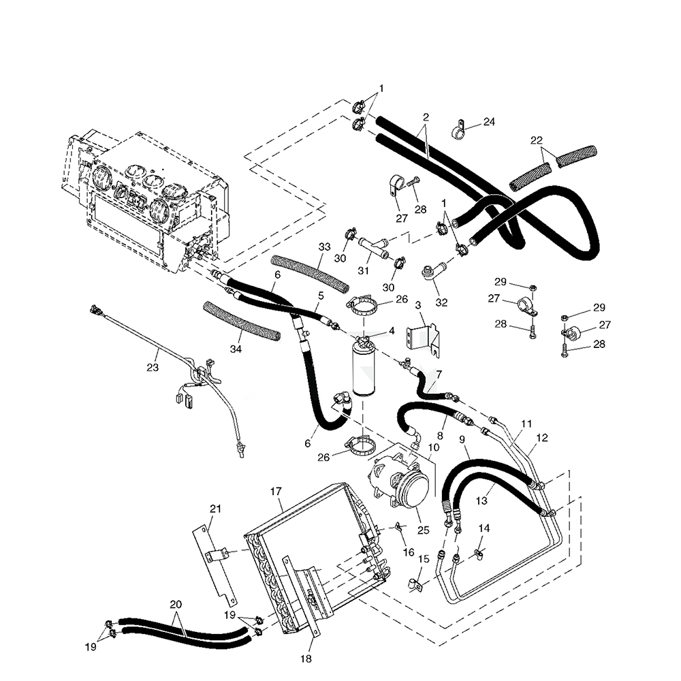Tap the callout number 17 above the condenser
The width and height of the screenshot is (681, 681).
[x=276, y=491]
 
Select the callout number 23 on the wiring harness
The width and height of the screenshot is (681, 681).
[x=153, y=367]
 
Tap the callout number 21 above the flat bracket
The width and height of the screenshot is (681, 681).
[x=215, y=509]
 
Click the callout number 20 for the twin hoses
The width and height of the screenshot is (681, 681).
[x=176, y=605]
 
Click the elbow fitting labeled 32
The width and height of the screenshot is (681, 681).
[x=432, y=272]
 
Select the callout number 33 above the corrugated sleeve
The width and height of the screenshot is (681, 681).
[x=324, y=246]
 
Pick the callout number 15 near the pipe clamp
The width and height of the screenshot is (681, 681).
[x=424, y=559]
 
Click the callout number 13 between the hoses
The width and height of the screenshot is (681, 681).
[x=482, y=501]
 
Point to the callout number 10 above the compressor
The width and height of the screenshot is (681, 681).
[x=434, y=447]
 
